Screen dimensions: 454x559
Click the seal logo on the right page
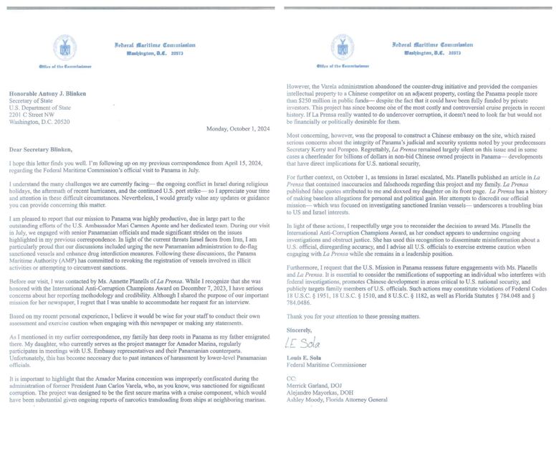coord(341,49)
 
